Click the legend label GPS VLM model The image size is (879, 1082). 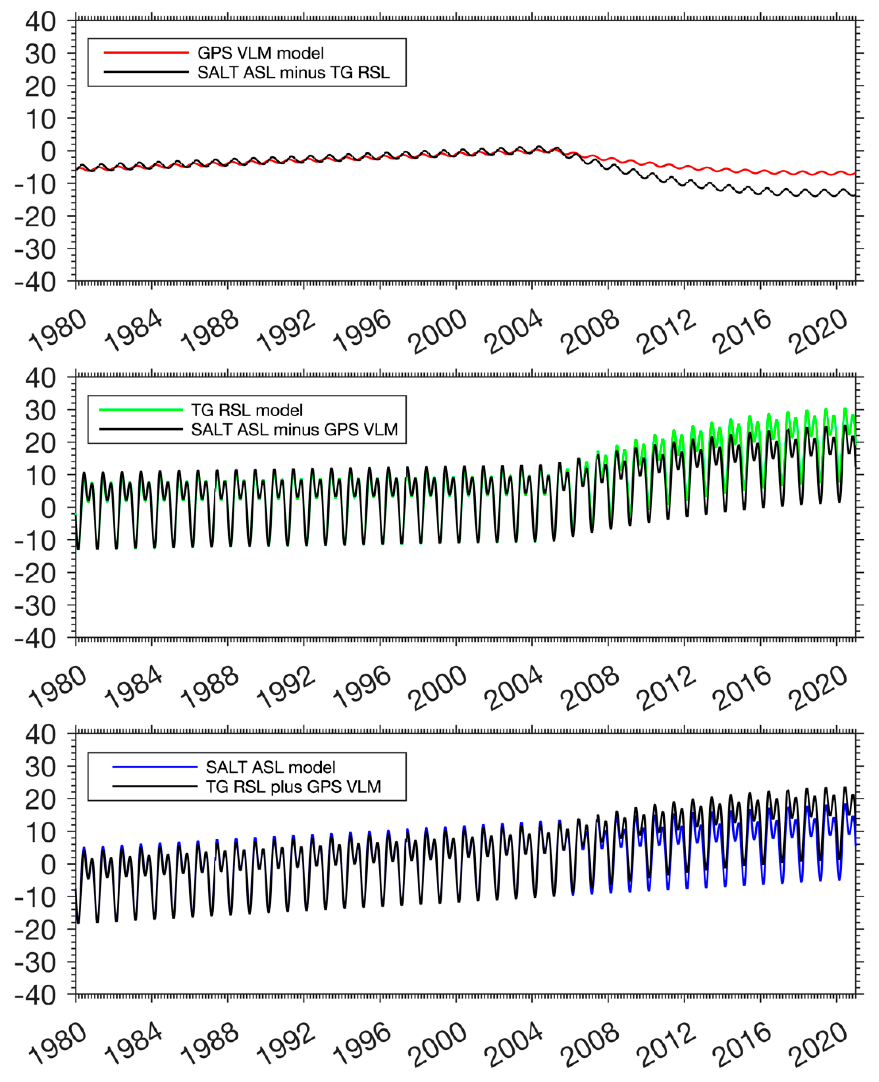pos(260,53)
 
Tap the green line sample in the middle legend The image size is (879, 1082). pos(141,409)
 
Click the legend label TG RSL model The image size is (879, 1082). pos(247,410)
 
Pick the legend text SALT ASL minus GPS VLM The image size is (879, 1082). pos(294,429)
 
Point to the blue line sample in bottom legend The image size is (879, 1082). pos(154,767)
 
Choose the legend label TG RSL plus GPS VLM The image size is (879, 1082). pos(293,787)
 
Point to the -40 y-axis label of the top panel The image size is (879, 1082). pos(36,282)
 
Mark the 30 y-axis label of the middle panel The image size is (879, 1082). pos(40,411)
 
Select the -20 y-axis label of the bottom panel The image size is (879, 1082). pos(36,930)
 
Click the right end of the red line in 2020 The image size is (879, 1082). pos(855,173)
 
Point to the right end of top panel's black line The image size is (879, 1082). pos(855,195)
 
